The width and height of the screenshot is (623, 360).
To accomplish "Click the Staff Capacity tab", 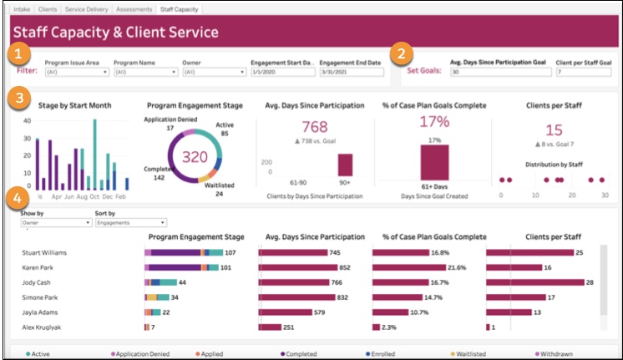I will click(180, 9).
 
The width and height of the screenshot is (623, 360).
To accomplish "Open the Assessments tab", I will click(134, 9).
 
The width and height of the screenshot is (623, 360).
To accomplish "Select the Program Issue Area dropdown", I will click(77, 72).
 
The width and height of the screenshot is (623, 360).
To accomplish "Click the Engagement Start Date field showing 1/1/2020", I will click(281, 72).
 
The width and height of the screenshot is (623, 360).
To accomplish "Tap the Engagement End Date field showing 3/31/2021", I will click(351, 72).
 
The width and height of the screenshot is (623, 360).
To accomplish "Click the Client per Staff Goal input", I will click(582, 72).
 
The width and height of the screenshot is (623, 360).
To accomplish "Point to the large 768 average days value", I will click(314, 127).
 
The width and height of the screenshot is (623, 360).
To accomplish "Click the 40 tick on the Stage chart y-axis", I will click(27, 120).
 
